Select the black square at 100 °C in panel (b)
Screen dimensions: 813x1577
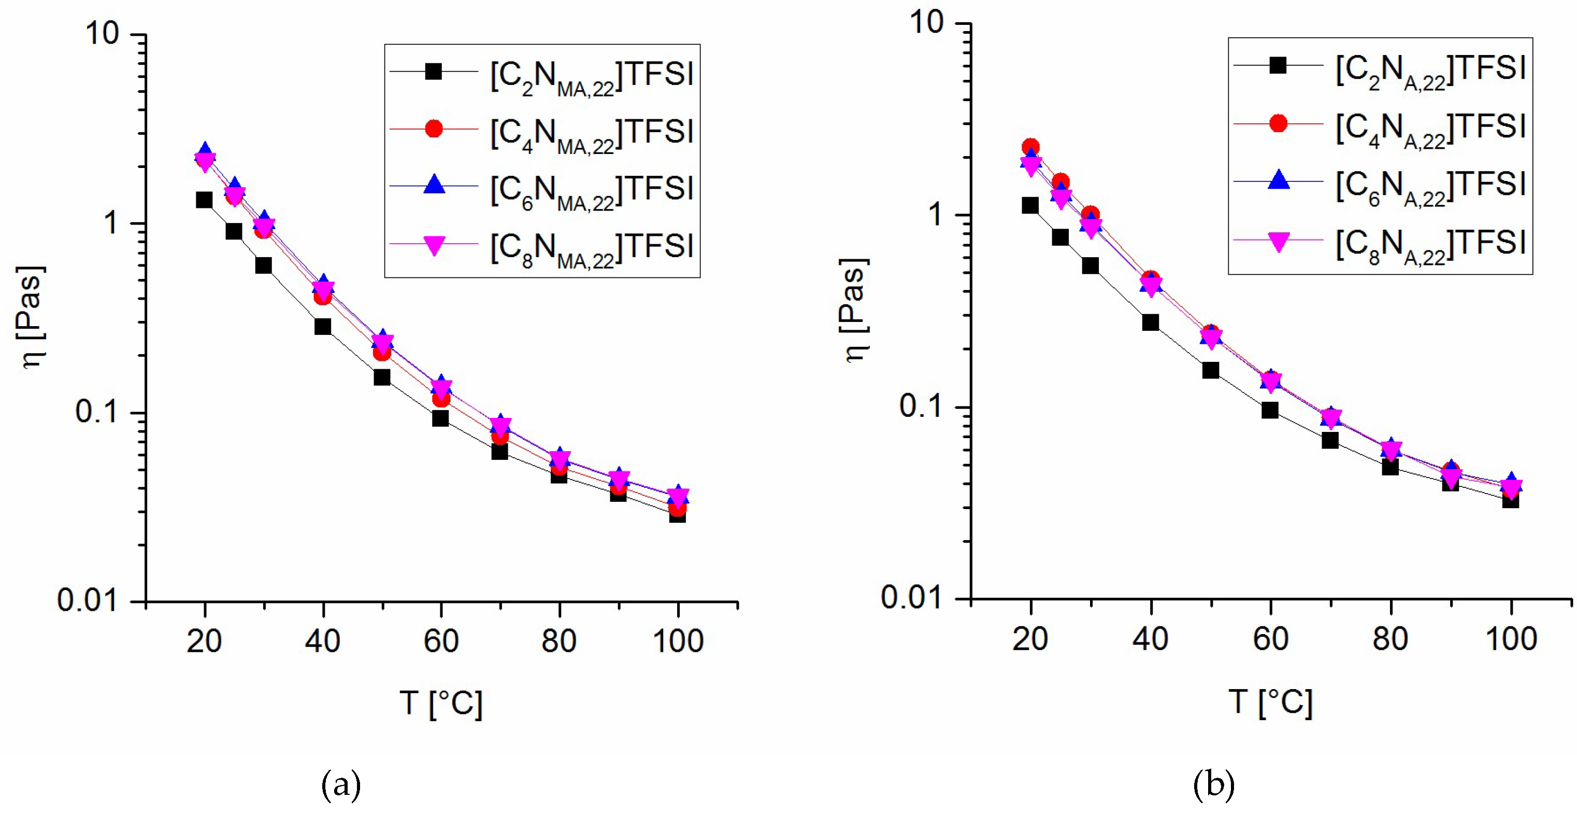[1510, 500]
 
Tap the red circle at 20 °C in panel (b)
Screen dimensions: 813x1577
[1030, 147]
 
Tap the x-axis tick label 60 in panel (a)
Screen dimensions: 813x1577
[441, 641]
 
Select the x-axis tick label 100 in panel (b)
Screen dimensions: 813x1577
[1511, 639]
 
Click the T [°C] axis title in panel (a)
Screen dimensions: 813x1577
[441, 703]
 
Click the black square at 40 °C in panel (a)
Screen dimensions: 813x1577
[323, 327]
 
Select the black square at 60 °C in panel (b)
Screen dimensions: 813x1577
[1270, 410]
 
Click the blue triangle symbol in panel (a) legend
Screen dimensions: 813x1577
[434, 186]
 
